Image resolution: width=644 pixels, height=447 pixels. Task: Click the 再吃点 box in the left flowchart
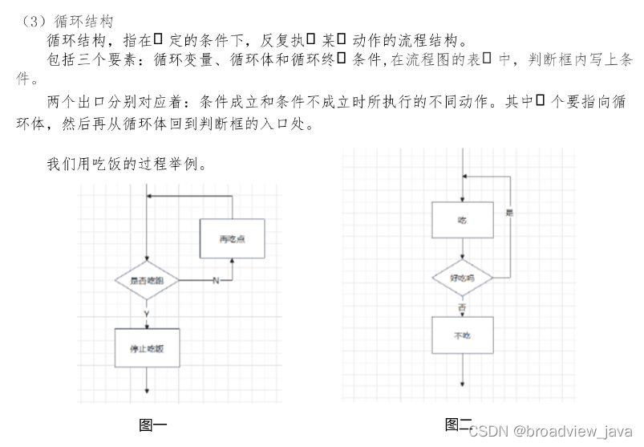pos(232,238)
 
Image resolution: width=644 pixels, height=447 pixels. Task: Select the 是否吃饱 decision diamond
pos(146,280)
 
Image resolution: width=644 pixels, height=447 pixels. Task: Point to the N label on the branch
pos(215,280)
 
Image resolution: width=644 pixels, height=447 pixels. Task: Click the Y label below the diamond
pos(146,312)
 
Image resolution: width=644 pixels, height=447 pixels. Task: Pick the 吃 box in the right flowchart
pos(463,220)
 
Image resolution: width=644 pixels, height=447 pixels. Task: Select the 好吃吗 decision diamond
pos(463,278)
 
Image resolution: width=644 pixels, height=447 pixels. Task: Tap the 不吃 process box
pos(463,335)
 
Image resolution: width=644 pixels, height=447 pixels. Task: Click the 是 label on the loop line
pos(509,213)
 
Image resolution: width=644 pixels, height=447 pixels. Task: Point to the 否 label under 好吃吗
pos(462,307)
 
